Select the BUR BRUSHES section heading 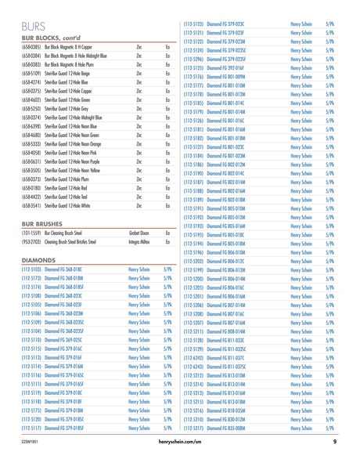tap(41, 201)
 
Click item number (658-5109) tap(31, 94)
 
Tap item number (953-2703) tap(31, 220)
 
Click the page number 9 tap(334, 443)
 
